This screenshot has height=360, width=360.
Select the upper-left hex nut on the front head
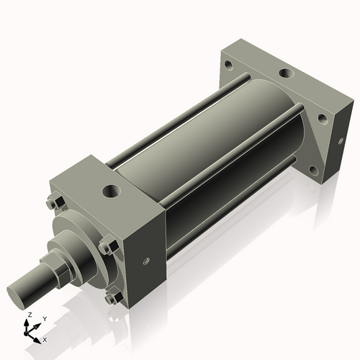[x=52, y=204]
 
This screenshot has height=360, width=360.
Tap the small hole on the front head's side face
[x=145, y=262]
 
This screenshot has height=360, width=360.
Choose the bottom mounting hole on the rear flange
[x=312, y=171]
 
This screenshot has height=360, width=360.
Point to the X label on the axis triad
[x=45, y=338]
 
